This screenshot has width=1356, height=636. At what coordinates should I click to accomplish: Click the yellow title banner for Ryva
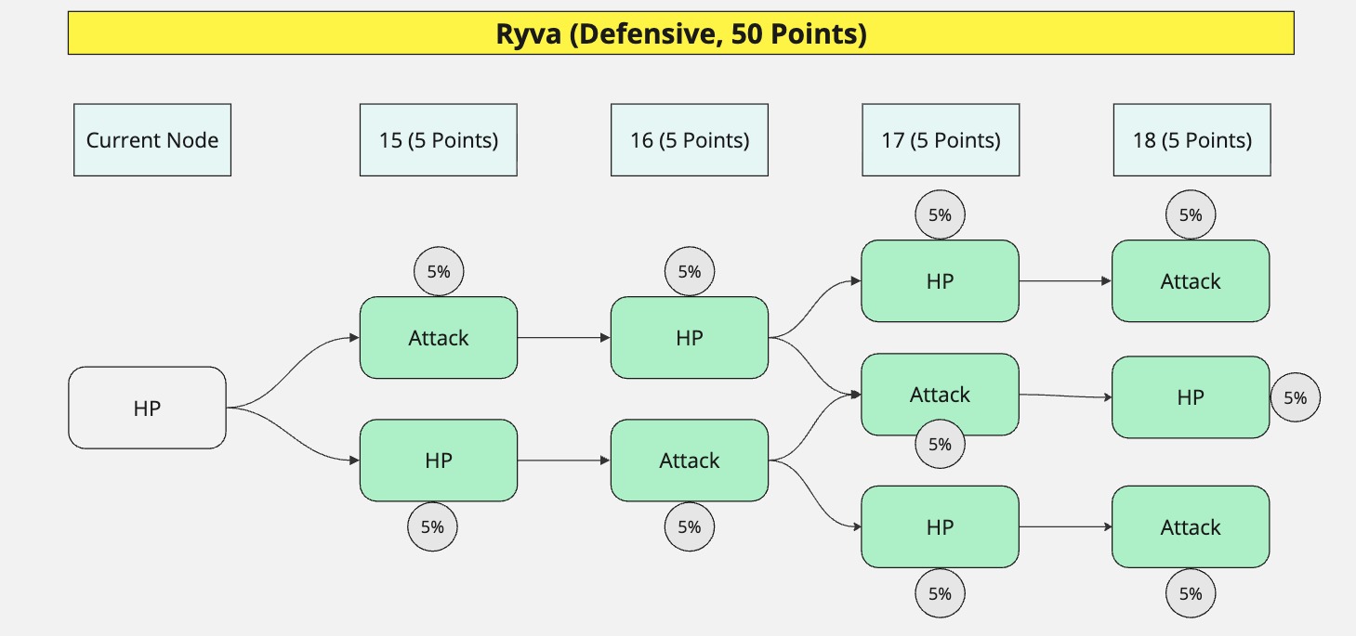[680, 34]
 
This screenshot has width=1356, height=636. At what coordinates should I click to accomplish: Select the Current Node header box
[152, 140]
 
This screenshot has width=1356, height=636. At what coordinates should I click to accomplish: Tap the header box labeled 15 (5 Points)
[438, 140]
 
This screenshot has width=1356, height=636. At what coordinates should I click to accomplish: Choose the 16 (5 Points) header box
[689, 140]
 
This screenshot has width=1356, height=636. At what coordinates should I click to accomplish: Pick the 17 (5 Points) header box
[941, 140]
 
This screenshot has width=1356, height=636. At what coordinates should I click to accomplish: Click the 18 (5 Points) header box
[1191, 140]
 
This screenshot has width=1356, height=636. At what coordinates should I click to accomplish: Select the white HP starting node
[147, 408]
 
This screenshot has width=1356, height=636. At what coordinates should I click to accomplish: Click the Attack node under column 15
[438, 338]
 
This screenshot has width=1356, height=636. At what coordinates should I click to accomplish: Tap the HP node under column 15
[438, 461]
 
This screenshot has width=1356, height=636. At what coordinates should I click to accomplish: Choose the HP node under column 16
[689, 338]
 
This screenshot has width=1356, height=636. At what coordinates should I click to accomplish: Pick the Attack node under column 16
[689, 461]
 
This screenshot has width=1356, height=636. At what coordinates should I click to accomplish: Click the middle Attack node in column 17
[940, 395]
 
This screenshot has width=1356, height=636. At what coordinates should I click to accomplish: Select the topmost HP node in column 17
[940, 281]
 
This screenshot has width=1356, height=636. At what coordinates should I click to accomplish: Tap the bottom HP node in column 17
[940, 527]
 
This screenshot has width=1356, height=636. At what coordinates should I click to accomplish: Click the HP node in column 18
[1191, 397]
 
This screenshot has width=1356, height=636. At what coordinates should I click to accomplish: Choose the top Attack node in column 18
[1191, 281]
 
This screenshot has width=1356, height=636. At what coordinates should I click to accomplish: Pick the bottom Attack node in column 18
[1191, 527]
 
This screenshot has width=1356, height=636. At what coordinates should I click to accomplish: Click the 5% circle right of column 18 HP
[1295, 397]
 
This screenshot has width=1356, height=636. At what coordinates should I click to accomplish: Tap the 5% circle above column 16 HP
[689, 272]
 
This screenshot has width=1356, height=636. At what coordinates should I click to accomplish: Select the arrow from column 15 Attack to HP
[563, 338]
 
